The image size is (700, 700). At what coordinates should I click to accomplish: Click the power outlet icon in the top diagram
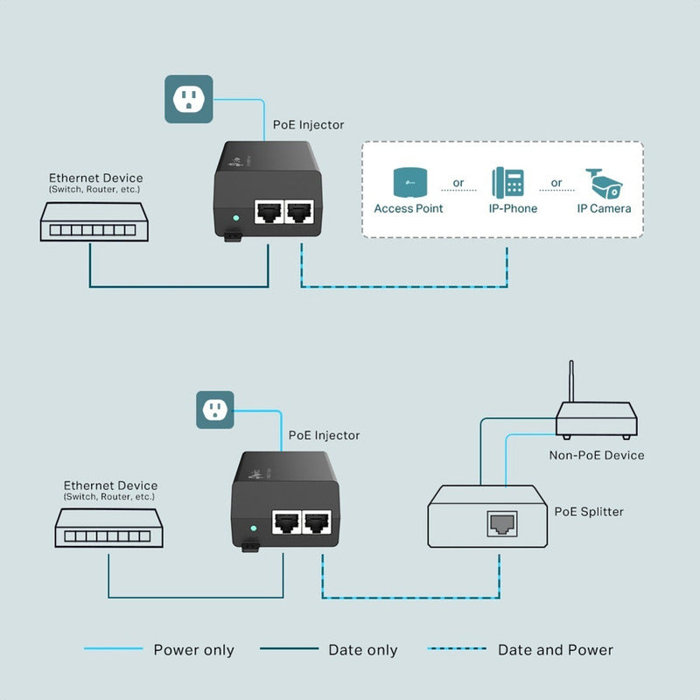click(189, 99)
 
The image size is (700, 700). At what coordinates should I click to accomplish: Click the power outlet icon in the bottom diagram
click(215, 409)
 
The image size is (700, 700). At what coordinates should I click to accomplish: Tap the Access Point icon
click(409, 182)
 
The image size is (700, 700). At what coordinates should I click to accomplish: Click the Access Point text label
click(409, 209)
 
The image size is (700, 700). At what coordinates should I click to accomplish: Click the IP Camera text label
click(604, 209)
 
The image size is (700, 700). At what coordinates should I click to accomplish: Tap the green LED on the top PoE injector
click(234, 218)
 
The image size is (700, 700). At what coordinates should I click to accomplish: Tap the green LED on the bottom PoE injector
click(252, 528)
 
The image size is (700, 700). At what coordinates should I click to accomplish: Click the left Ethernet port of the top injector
click(267, 213)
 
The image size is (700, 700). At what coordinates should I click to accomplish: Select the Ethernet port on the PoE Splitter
click(500, 524)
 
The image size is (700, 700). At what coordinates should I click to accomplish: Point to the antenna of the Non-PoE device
click(570, 381)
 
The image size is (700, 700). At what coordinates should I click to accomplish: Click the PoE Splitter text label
click(589, 511)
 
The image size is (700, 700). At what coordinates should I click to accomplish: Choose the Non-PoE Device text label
click(597, 455)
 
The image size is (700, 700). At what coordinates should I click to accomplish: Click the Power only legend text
click(193, 650)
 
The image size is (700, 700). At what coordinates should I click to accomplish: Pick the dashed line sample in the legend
click(457, 649)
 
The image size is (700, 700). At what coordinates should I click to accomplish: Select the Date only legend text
click(362, 650)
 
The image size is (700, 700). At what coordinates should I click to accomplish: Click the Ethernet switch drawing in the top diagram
click(94, 223)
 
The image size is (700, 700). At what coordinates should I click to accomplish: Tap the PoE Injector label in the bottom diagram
click(324, 435)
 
